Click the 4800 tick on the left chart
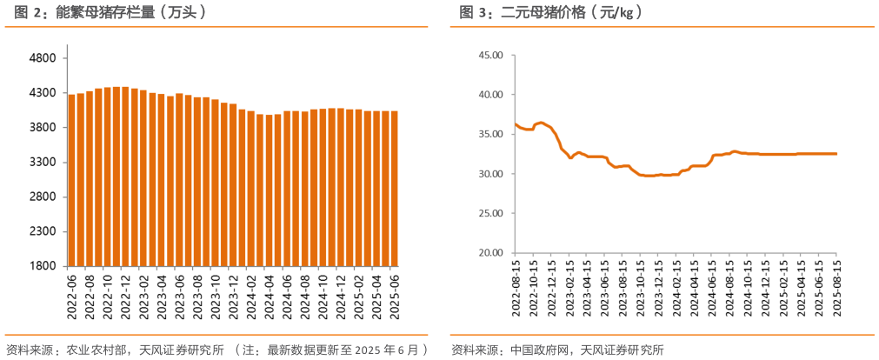coord(43,58)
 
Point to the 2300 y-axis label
coord(43,232)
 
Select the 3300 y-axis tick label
coord(43,163)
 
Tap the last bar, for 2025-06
coord(394,188)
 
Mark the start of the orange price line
coord(515,124)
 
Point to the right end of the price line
coord(836,154)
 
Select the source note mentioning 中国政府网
coord(556,350)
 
